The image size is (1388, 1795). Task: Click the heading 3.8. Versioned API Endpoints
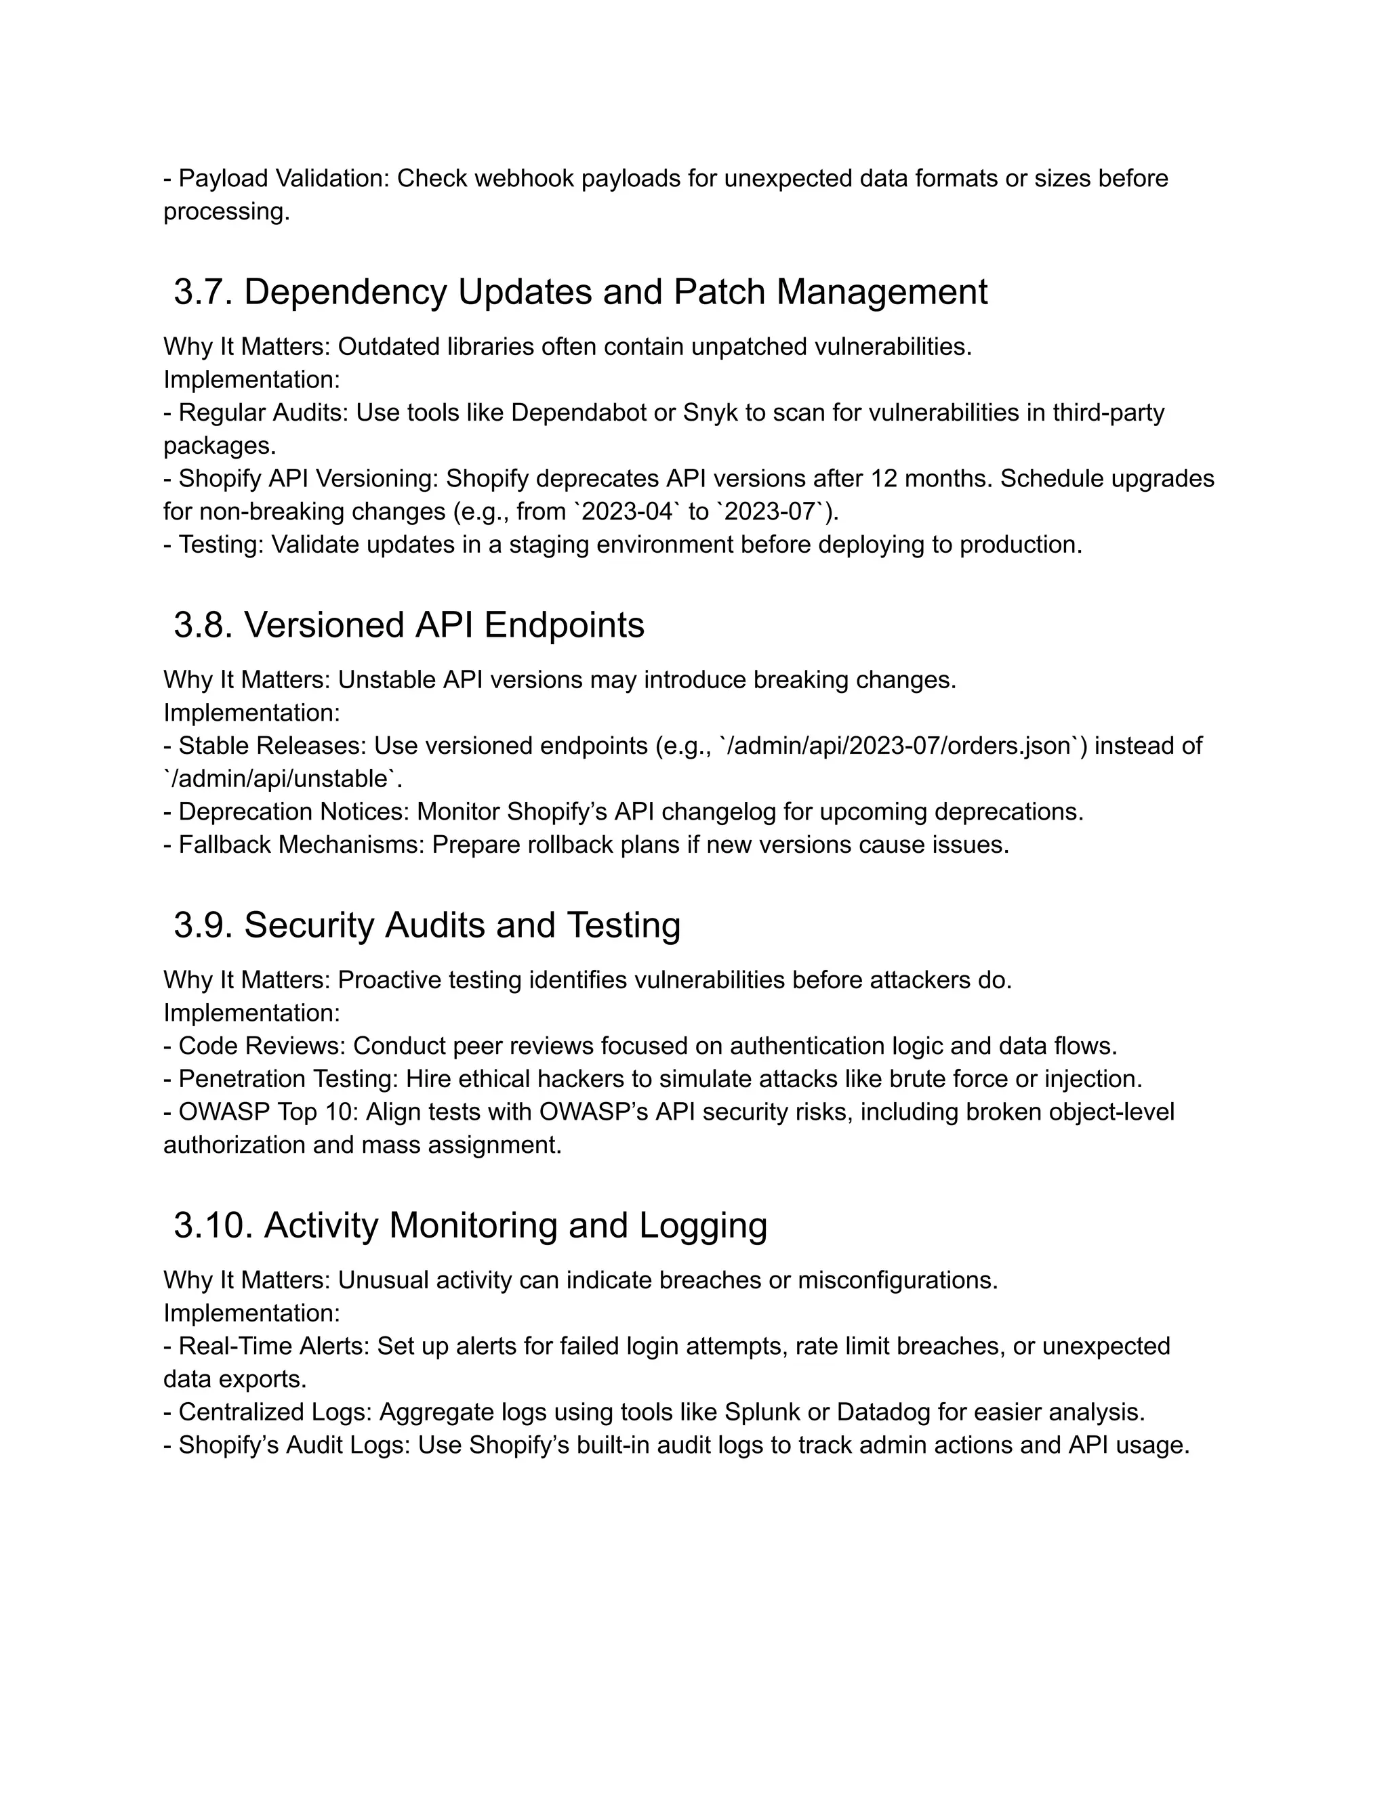click(409, 625)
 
